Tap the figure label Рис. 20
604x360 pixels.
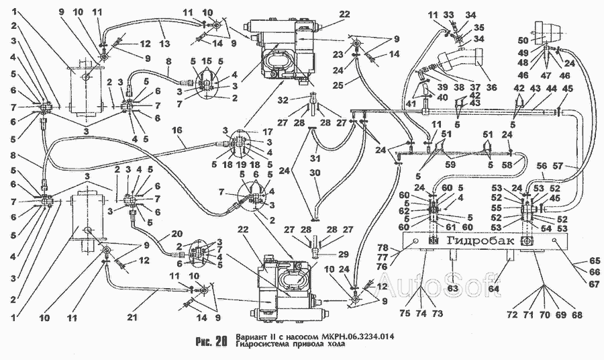[x=213, y=339]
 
